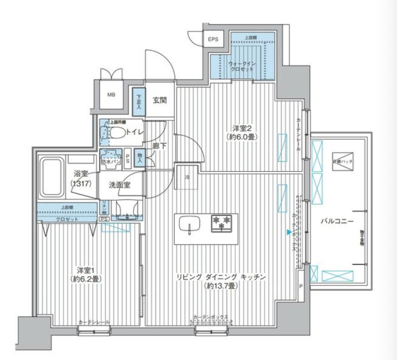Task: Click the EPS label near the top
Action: click(213, 39)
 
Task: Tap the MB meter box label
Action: click(111, 95)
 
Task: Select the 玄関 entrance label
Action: click(160, 100)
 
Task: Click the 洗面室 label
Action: click(120, 185)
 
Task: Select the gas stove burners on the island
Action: click(222, 222)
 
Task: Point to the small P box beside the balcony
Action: click(301, 286)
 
